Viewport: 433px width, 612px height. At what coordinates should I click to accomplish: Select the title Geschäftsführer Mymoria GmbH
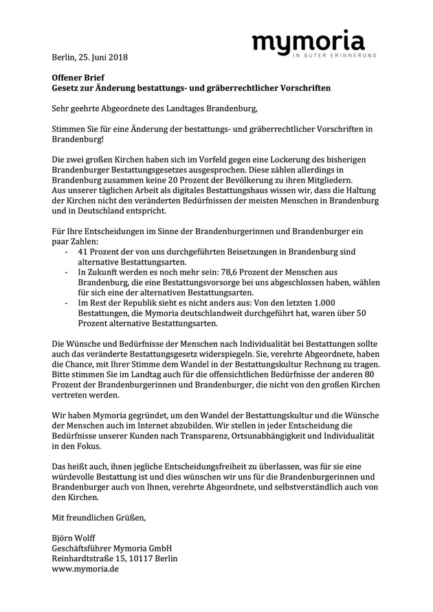click(111, 548)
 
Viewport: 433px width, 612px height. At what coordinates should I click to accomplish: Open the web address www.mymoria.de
click(86, 570)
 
